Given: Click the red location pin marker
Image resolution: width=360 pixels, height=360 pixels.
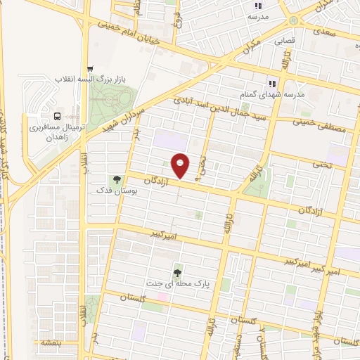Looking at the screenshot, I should pyautogui.click(x=181, y=165).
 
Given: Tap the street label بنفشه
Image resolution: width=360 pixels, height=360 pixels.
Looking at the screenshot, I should pyautogui.click(x=50, y=342).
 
